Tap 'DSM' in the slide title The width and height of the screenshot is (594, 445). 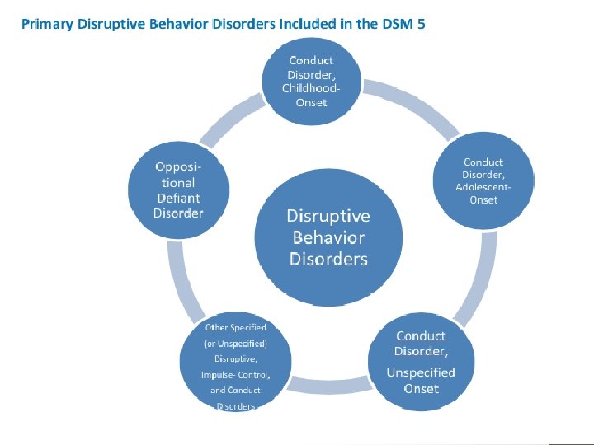point(390,24)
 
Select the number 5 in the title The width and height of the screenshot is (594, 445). point(422,24)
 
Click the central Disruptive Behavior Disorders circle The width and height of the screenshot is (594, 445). point(328,237)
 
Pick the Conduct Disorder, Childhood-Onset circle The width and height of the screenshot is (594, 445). point(310,81)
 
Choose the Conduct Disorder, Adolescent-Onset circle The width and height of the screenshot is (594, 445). point(483,181)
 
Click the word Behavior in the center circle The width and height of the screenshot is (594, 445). point(328,238)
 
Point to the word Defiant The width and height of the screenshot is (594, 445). point(178,198)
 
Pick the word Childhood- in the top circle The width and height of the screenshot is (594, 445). point(310,88)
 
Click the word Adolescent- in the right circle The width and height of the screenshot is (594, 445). point(483,187)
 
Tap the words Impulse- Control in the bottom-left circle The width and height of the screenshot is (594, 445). point(235,375)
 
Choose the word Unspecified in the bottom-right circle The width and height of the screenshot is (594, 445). point(421,372)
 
